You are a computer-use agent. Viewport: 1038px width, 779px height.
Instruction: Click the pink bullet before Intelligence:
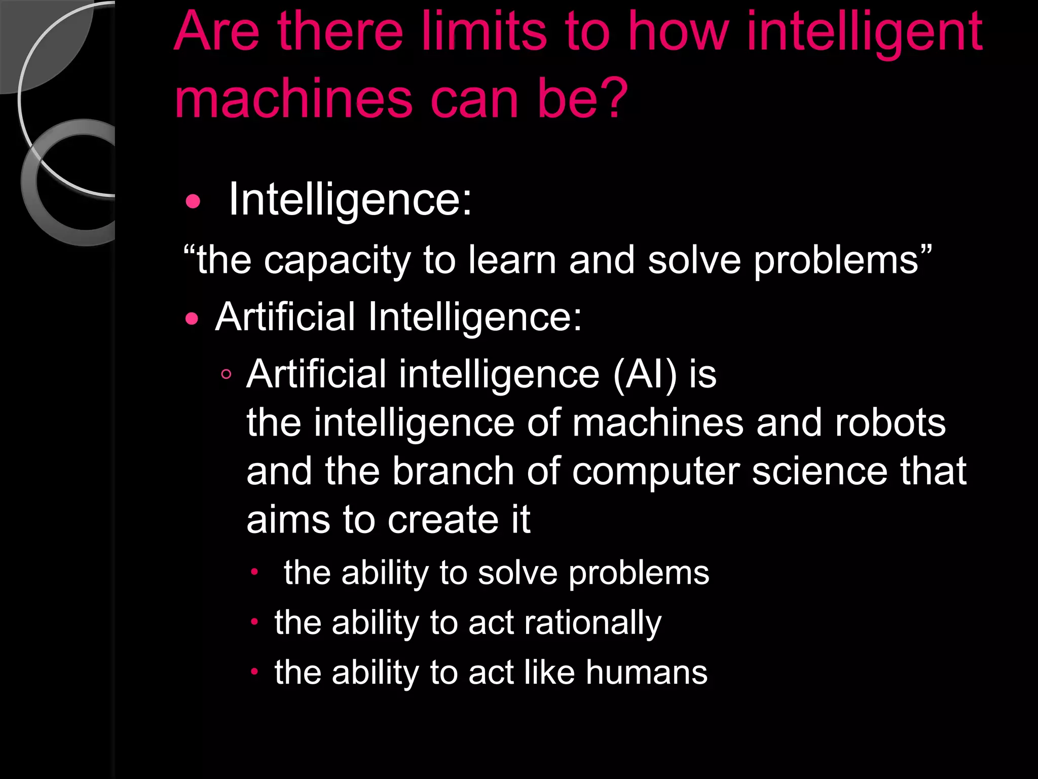click(193, 202)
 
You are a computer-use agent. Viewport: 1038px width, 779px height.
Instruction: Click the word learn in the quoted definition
click(512, 260)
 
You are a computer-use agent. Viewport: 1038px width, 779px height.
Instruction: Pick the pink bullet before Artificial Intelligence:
click(192, 319)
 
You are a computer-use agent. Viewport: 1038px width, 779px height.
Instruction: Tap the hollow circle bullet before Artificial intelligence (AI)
click(226, 375)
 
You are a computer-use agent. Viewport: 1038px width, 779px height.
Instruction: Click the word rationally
click(592, 623)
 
